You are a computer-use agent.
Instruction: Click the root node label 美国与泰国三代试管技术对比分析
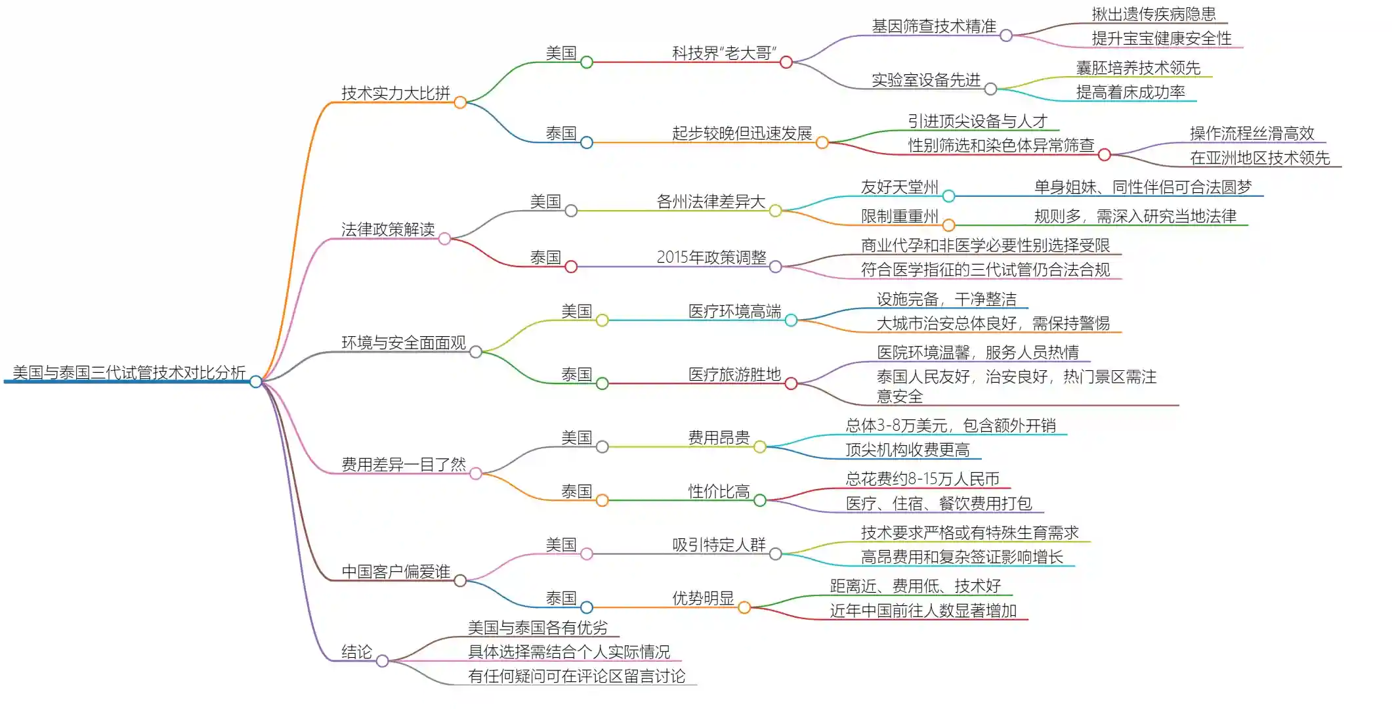pos(129,373)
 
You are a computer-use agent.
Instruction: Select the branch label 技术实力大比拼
pos(395,93)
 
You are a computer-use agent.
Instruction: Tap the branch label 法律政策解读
pos(387,229)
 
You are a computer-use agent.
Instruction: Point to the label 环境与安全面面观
pos(403,343)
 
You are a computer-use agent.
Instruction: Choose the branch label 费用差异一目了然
pos(403,465)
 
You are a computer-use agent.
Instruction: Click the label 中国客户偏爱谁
pos(395,572)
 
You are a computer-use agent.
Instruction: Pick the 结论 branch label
pos(356,652)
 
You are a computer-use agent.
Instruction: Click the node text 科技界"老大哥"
pos(724,53)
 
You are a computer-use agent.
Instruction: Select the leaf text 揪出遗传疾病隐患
pos(1153,14)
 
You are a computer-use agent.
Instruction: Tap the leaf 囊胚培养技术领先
pos(1137,68)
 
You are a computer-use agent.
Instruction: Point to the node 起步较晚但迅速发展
pos(742,133)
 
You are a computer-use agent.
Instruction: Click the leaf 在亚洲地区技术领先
pos(1259,158)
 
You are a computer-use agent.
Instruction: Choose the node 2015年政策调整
pos(711,257)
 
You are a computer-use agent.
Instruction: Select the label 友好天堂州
pos(899,187)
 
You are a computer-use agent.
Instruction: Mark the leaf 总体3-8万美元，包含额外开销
pos(950,425)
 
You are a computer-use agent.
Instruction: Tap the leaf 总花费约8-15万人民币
pos(922,479)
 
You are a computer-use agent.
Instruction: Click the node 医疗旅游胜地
pos(734,375)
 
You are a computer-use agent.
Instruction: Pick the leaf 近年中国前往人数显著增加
pos(923,611)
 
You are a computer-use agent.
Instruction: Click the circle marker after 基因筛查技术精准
pos(1006,35)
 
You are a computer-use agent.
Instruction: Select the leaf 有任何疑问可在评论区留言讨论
pos(576,676)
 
